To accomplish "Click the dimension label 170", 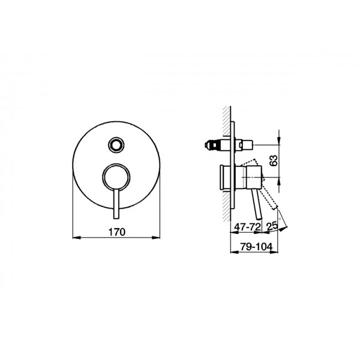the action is pos(117,232).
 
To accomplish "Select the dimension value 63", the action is pos(274,160).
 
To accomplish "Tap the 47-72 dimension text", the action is pos(247,227).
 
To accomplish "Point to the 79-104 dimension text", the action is pos(256,247).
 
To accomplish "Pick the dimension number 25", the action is pos(272,226).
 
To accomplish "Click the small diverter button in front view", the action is pos(116,145).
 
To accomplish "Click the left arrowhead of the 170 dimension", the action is pos(76,238).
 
